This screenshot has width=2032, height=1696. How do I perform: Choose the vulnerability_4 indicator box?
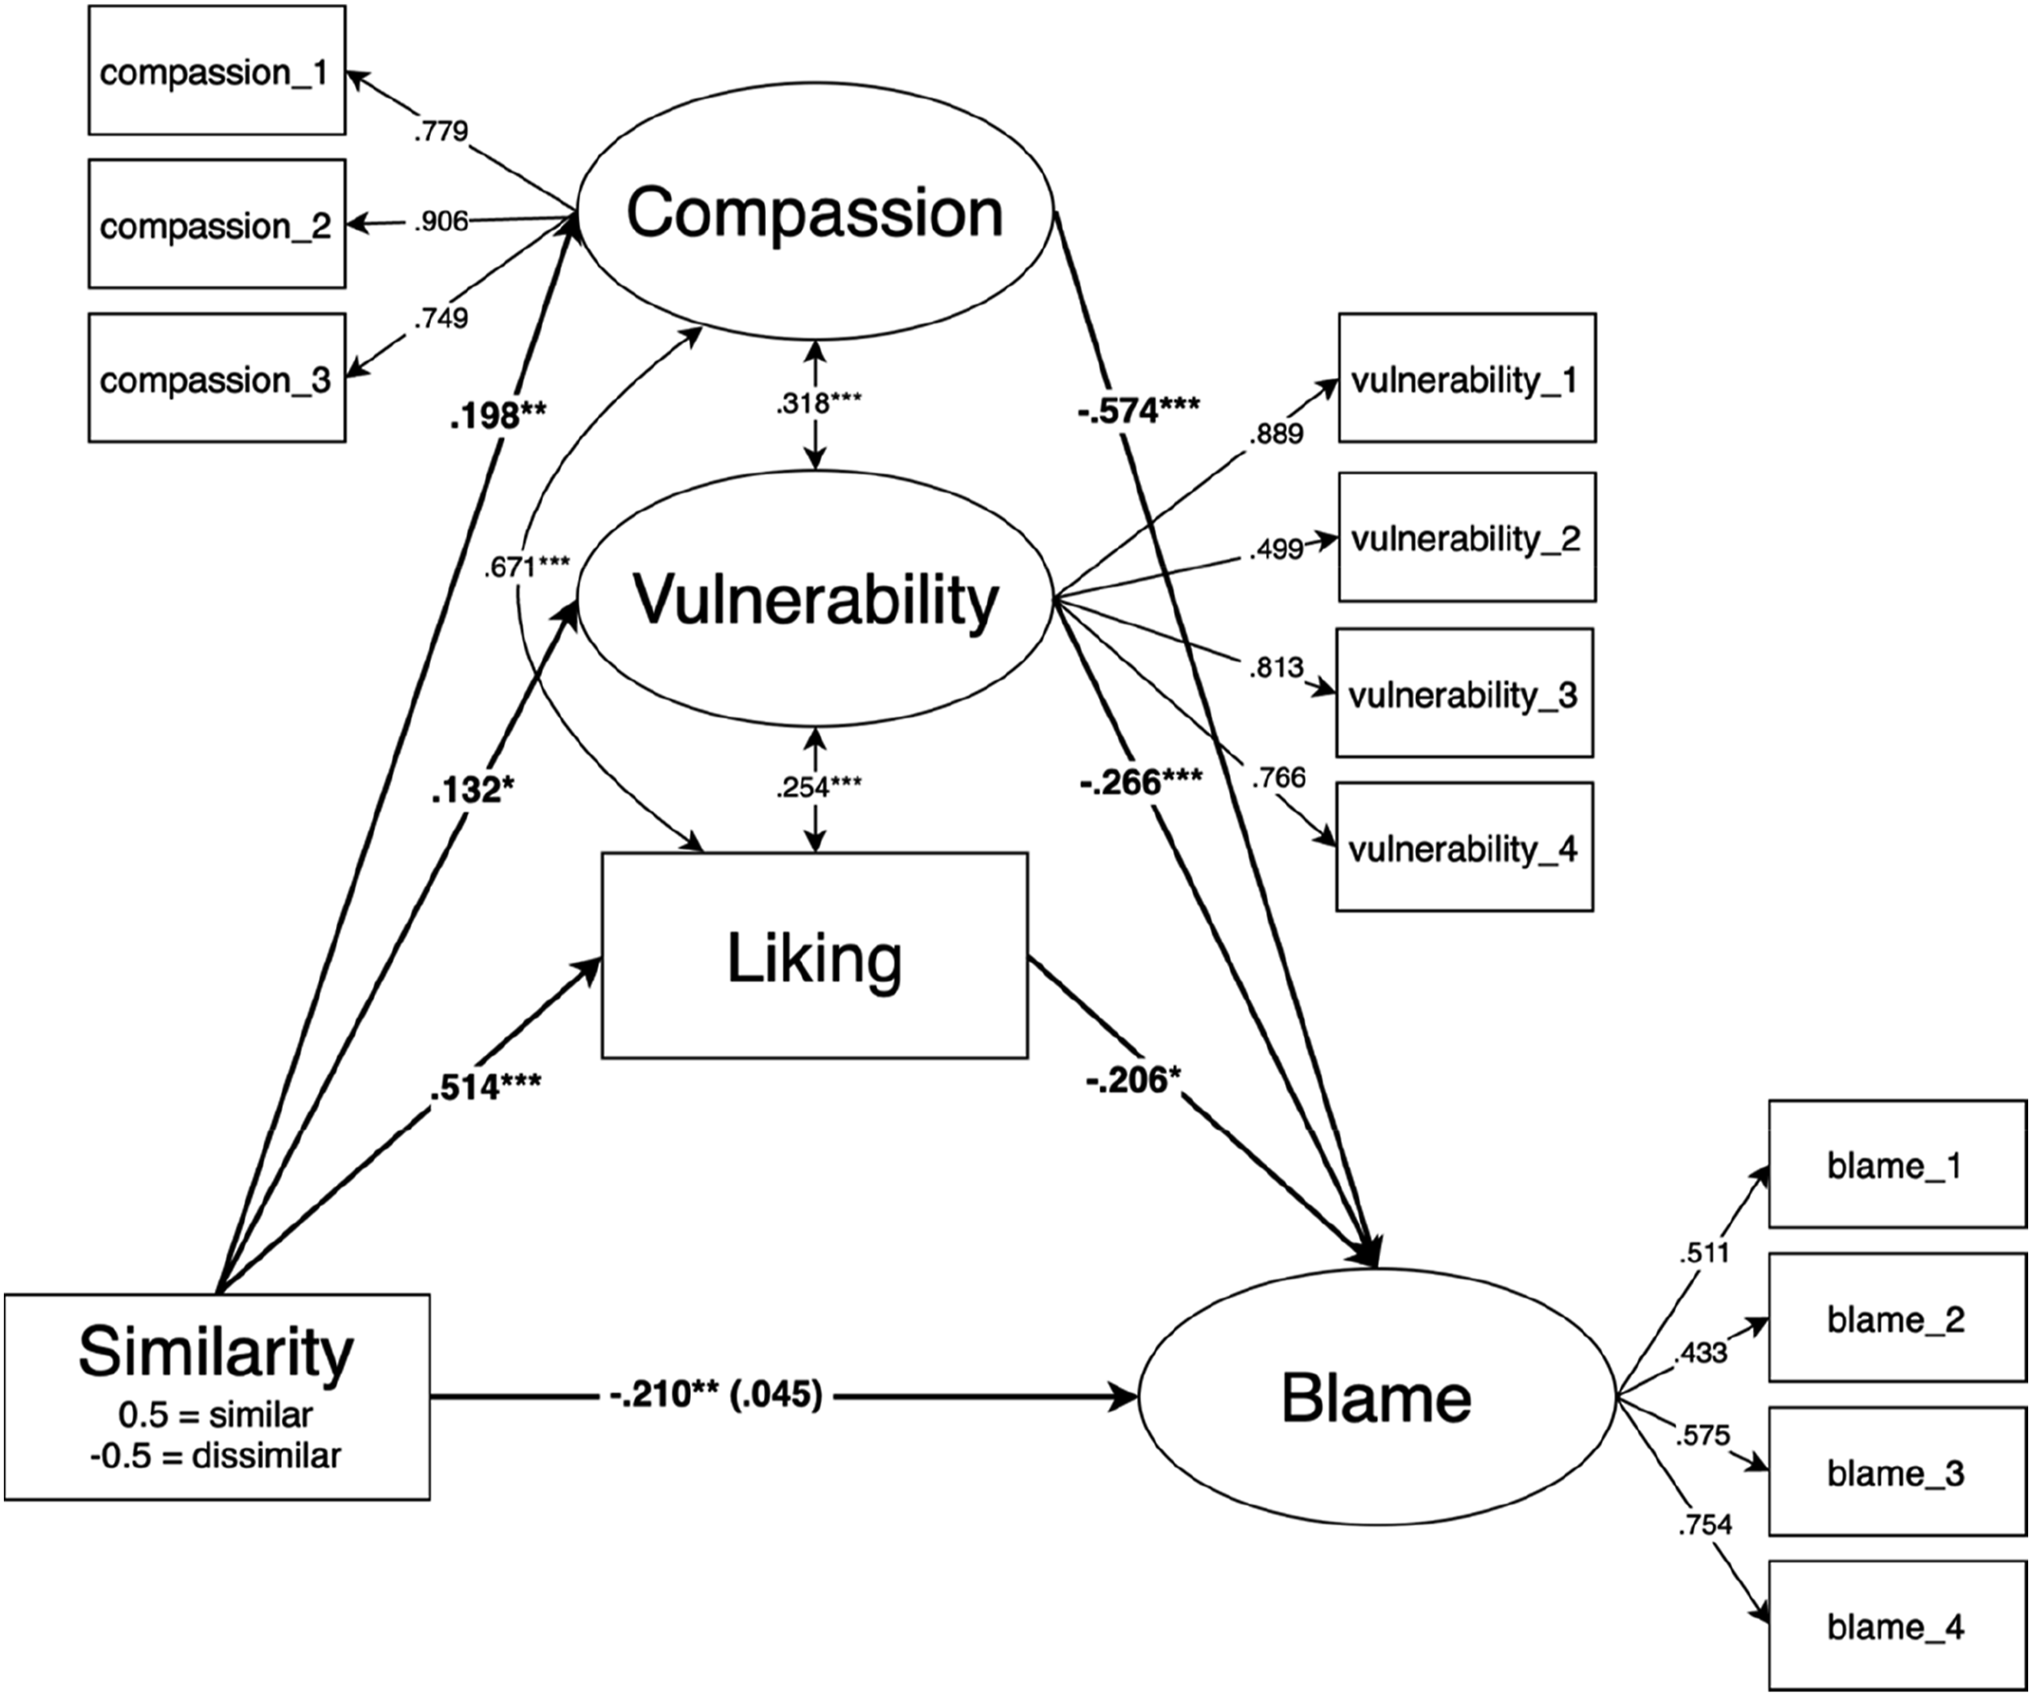point(1464,847)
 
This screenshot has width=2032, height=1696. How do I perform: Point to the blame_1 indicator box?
point(1896,1165)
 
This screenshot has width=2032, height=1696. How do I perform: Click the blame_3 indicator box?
point(1896,1473)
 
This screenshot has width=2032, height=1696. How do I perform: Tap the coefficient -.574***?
point(1138,411)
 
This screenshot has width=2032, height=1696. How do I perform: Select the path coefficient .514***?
point(485,1086)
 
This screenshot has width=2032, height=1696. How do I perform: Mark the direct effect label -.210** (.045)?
point(716,1395)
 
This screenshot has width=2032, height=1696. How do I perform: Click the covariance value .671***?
point(526,566)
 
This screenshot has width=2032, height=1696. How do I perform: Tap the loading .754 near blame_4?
point(1704,1525)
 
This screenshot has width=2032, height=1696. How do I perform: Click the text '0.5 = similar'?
point(215,1415)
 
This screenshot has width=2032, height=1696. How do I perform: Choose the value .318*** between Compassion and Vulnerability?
point(817,403)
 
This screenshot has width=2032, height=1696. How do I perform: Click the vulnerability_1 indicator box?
point(1466,378)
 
